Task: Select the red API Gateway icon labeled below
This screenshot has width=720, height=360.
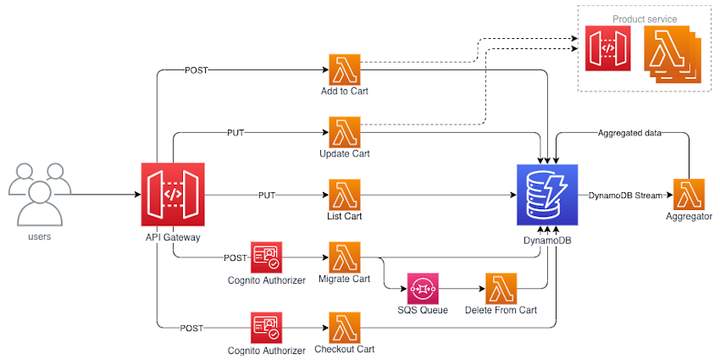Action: tap(172, 194)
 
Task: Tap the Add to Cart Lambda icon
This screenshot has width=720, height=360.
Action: tap(345, 69)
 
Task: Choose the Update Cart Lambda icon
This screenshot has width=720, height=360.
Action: tap(345, 132)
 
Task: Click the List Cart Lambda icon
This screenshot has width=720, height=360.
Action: tap(345, 194)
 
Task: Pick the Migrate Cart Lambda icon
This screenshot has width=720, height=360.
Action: tap(345, 257)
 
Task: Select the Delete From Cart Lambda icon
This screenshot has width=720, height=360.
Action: tap(501, 288)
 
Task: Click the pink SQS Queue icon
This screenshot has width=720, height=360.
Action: tap(422, 288)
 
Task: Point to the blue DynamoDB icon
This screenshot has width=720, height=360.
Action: tap(546, 195)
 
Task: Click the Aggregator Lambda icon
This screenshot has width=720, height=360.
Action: tap(689, 195)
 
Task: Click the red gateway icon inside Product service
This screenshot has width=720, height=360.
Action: tap(607, 48)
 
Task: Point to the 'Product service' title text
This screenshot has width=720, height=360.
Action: tap(645, 19)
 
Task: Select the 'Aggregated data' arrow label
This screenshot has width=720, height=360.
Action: tap(629, 133)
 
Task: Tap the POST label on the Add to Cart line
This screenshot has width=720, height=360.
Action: tap(196, 69)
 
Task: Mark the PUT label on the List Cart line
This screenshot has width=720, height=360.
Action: tap(266, 195)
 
